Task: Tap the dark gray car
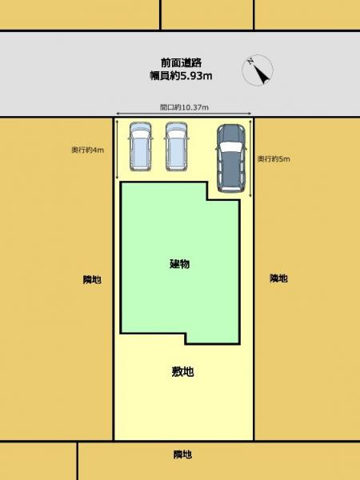click(x=230, y=158)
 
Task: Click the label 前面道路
click(x=179, y=62)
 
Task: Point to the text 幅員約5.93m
click(x=179, y=76)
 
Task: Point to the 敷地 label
click(x=182, y=371)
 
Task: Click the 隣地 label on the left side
click(x=91, y=279)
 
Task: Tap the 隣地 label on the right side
click(x=278, y=278)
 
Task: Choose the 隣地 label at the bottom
click(x=182, y=455)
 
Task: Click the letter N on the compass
click(x=251, y=61)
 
